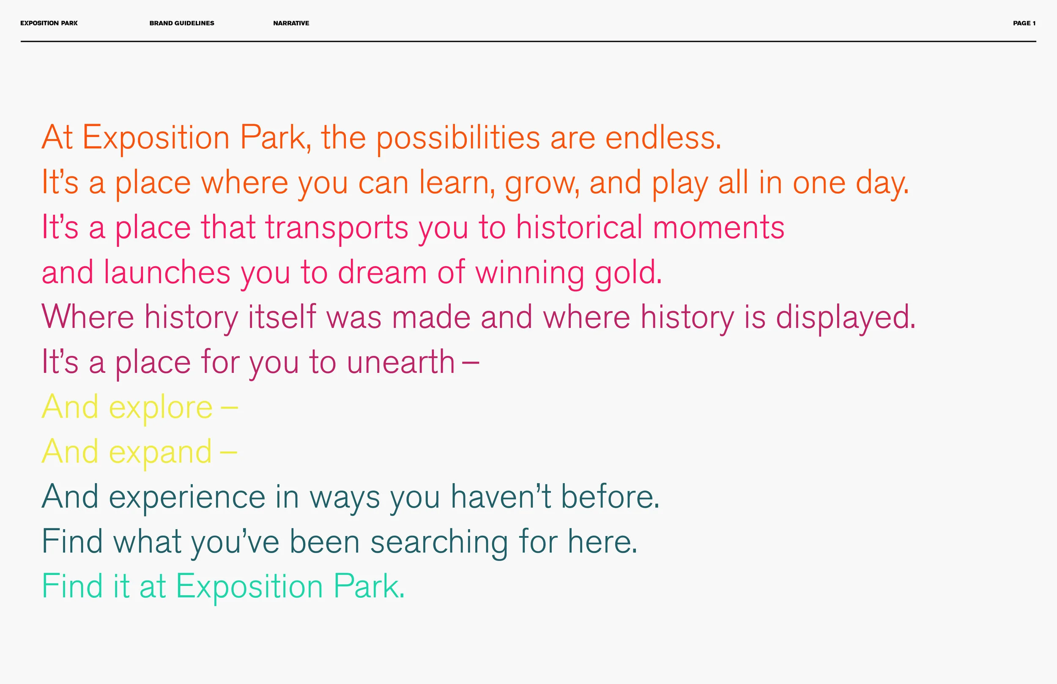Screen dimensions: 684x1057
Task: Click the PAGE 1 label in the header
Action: [x=1024, y=23]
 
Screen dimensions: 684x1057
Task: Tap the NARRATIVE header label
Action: [x=291, y=23]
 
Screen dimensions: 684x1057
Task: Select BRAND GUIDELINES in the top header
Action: [x=182, y=23]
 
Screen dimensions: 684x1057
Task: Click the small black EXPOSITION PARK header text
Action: [x=49, y=23]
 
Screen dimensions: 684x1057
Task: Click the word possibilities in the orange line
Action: [x=458, y=138]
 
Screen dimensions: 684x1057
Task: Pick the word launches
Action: [x=167, y=272]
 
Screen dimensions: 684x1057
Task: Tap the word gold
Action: [x=628, y=273]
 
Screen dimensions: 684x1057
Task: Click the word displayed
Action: [x=846, y=318]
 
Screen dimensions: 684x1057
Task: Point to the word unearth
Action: [x=400, y=362]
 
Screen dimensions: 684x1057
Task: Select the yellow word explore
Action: [x=161, y=408]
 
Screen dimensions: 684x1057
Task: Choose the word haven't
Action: [x=501, y=497]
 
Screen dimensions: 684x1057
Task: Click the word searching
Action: [x=439, y=542]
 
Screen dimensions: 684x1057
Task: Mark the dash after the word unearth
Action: [x=470, y=362]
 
